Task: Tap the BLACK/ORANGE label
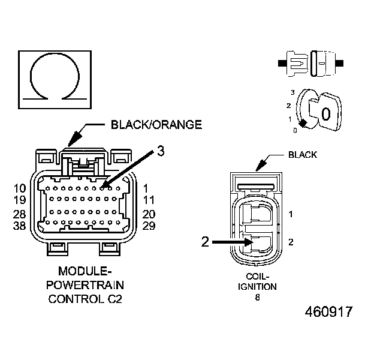tap(156, 125)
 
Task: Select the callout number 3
tap(160, 151)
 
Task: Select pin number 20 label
tap(149, 214)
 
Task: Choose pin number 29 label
tap(149, 225)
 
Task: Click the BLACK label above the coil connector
tap(303, 154)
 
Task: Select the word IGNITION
tap(258, 287)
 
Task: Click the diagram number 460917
tap(328, 313)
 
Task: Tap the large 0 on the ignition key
tap(326, 114)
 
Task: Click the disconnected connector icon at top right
tap(311, 62)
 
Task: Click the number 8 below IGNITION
tap(258, 296)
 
